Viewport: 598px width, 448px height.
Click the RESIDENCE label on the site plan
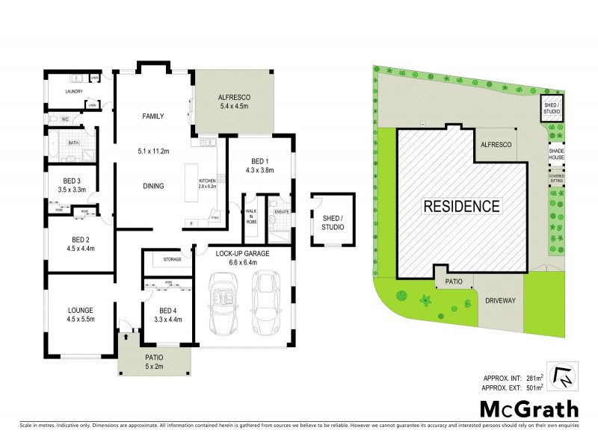pos(463,205)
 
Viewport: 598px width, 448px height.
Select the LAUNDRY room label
pos(73,92)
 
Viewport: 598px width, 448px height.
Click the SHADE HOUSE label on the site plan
pos(557,153)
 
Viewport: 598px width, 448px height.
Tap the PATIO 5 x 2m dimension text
pos(154,365)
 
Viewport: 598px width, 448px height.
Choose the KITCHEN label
pos(206,181)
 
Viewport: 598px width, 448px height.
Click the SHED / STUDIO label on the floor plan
pos(332,222)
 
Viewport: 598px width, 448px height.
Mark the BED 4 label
pos(168,311)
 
